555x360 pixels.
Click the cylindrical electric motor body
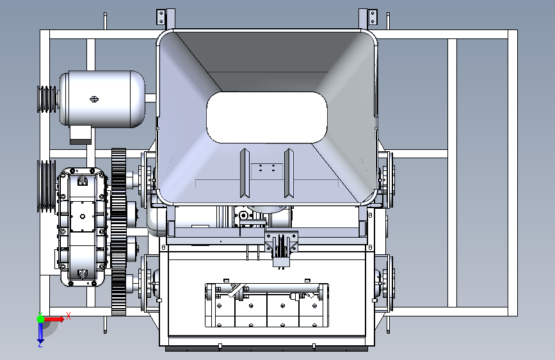click(102, 99)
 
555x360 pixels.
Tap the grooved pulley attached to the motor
click(47, 99)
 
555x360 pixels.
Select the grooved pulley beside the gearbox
click(46, 186)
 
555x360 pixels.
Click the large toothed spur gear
click(118, 232)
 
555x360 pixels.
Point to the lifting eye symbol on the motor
click(94, 99)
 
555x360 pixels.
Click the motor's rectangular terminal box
click(81, 135)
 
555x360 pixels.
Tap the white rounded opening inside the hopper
click(266, 118)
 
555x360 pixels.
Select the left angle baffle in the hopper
click(245, 173)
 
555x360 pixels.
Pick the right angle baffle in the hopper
click(289, 173)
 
